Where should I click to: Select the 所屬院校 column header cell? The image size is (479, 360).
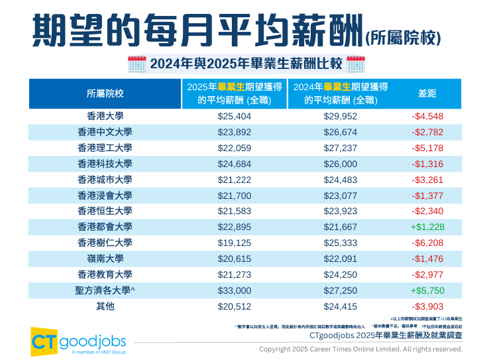tap(105, 93)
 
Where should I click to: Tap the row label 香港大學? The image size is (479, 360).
tap(105, 116)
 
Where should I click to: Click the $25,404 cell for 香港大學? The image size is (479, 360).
tap(235, 116)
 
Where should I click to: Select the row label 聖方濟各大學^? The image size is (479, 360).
tap(105, 290)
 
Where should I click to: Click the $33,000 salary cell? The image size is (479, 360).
tap(235, 290)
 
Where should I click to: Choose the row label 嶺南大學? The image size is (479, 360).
tap(105, 259)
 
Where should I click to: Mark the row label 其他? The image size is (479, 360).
tap(105, 306)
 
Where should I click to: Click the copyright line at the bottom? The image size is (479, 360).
tap(360, 349)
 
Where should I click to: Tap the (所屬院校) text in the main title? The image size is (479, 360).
tap(403, 37)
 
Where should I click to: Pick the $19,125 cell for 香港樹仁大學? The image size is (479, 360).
tap(235, 243)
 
